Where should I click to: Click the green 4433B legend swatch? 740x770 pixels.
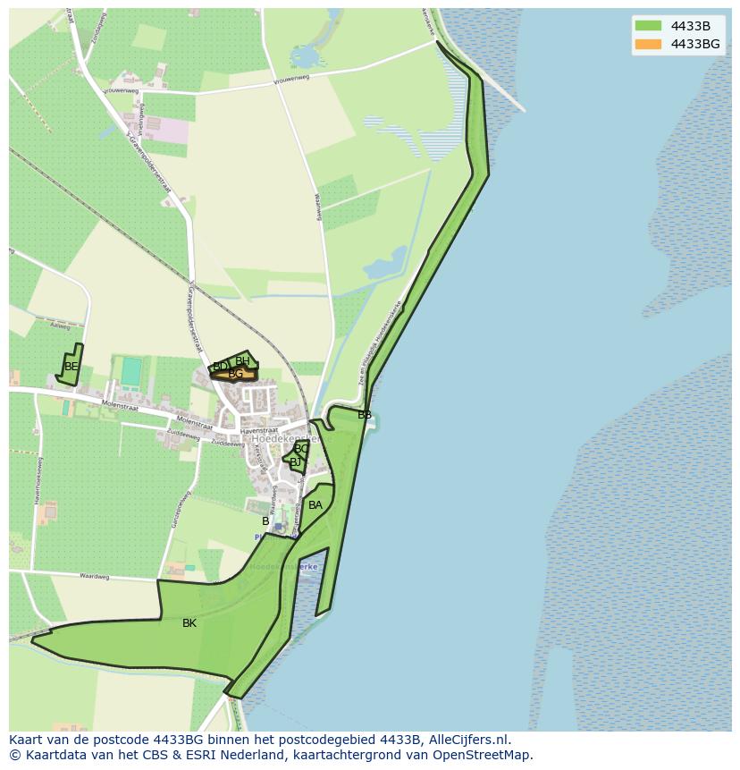coord(648,26)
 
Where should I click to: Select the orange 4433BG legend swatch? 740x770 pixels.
coord(648,44)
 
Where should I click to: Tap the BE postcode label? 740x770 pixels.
coord(71,367)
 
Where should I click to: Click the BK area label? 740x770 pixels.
coord(189,623)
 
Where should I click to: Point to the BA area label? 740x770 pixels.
coord(315,505)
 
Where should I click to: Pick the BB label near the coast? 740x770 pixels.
coord(365,415)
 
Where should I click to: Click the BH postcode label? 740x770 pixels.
coord(243,361)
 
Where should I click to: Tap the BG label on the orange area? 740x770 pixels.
coord(236,374)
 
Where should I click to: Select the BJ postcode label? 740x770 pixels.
coord(295,462)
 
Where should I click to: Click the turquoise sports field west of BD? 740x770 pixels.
coord(131,371)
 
